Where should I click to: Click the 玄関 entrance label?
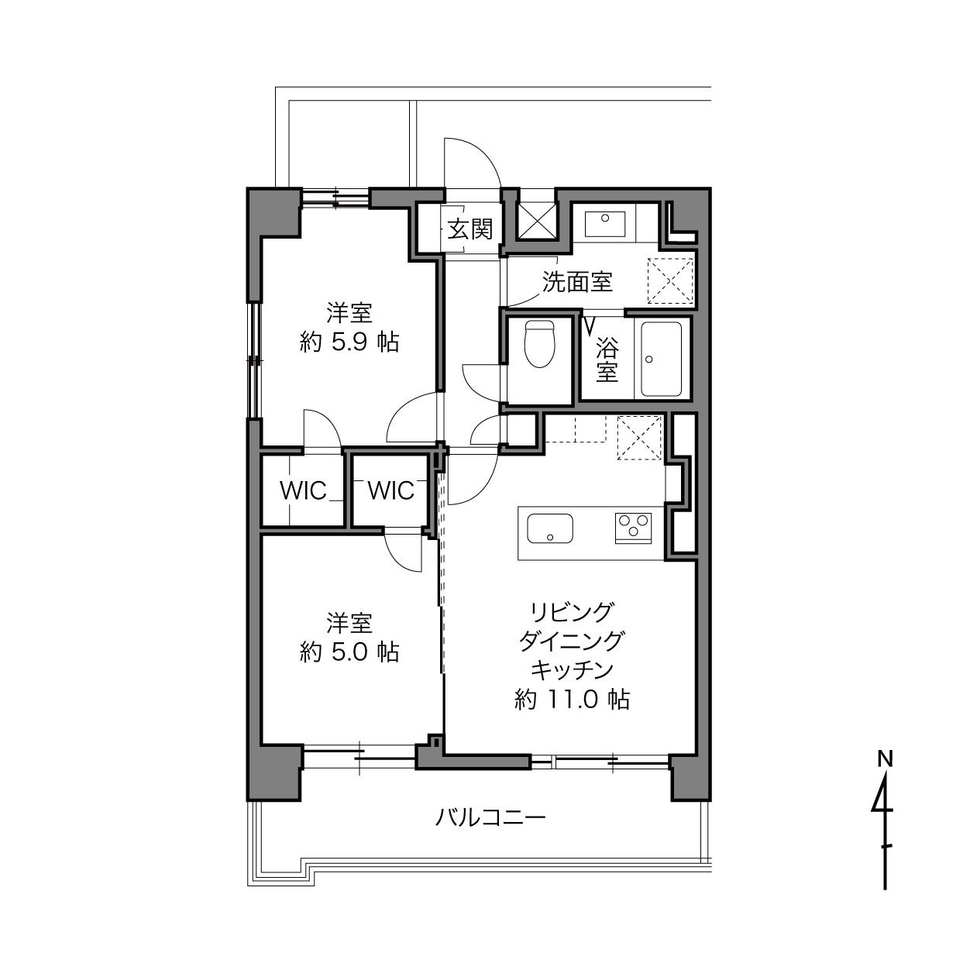[470, 230]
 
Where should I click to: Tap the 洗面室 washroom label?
[577, 282]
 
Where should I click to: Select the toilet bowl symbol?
[539, 344]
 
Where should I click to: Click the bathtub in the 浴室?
[661, 359]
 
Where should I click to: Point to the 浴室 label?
[607, 359]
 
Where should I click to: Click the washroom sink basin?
[604, 224]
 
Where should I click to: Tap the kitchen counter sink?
[549, 528]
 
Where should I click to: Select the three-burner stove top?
[633, 528]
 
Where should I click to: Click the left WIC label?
[303, 490]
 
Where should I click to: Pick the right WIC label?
[390, 490]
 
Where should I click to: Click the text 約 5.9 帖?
[349, 342]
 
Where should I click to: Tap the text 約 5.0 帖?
[349, 652]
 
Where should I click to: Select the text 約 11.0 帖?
[573, 699]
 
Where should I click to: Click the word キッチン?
[573, 670]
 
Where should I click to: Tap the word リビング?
[573, 612]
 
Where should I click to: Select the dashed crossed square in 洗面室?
[670, 281]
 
